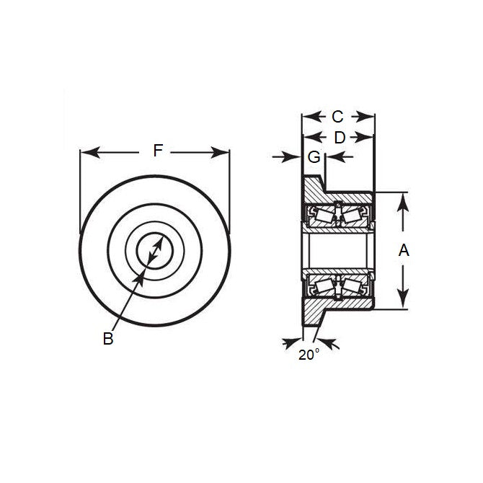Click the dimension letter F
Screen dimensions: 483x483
(x=159, y=151)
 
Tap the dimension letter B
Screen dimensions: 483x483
(x=108, y=338)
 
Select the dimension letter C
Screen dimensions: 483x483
(x=337, y=116)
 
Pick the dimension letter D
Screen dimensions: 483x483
(x=337, y=136)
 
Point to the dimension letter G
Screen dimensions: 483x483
(x=314, y=156)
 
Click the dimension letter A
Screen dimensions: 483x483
(x=404, y=251)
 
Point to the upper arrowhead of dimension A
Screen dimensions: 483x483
(x=402, y=198)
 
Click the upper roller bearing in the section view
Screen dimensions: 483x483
(x=337, y=215)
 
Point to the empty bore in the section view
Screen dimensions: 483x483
(x=337, y=251)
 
